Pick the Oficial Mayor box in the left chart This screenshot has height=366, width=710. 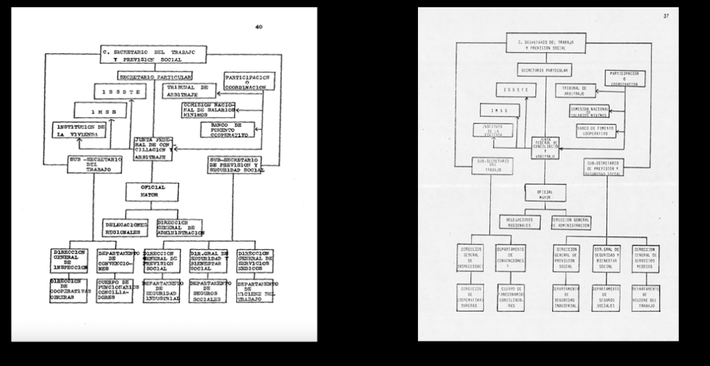point(153,193)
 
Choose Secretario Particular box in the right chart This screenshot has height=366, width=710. point(544,69)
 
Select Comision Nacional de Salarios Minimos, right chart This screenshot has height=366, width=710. point(594,111)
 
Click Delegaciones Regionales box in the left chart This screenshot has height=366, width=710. point(126,227)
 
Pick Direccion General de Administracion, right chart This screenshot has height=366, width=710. point(572,224)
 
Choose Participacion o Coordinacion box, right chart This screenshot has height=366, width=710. point(624,79)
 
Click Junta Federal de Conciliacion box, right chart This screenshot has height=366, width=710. point(546,146)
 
